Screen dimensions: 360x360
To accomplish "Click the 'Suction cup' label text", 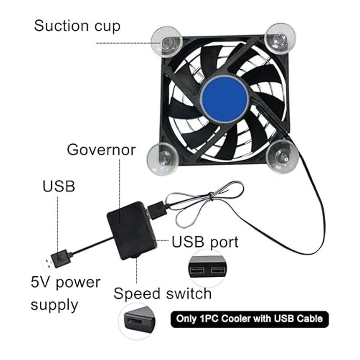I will (x=77, y=26).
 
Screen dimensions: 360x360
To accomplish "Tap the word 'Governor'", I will (x=101, y=149).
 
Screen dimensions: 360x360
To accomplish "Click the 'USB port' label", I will (x=205, y=242).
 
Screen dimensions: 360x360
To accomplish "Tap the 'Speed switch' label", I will (x=162, y=293).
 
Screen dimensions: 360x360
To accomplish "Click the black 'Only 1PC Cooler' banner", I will (x=249, y=319).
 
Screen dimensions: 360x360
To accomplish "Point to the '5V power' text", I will (x=65, y=283).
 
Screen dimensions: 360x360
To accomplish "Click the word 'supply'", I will (x=54, y=305).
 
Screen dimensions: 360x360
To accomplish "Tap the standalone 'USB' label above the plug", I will (x=58, y=186).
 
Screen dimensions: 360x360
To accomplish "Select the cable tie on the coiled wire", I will (x=211, y=196).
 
